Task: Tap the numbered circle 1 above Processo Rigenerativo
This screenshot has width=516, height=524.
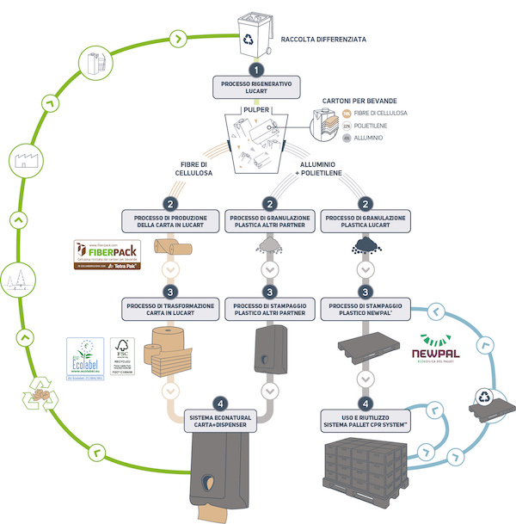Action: click(255, 70)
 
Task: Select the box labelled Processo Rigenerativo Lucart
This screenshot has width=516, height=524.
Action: click(255, 87)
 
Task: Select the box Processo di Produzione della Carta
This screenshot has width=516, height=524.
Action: click(172, 221)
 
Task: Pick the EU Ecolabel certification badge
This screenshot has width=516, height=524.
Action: click(87, 357)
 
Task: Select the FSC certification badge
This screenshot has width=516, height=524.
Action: click(122, 357)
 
